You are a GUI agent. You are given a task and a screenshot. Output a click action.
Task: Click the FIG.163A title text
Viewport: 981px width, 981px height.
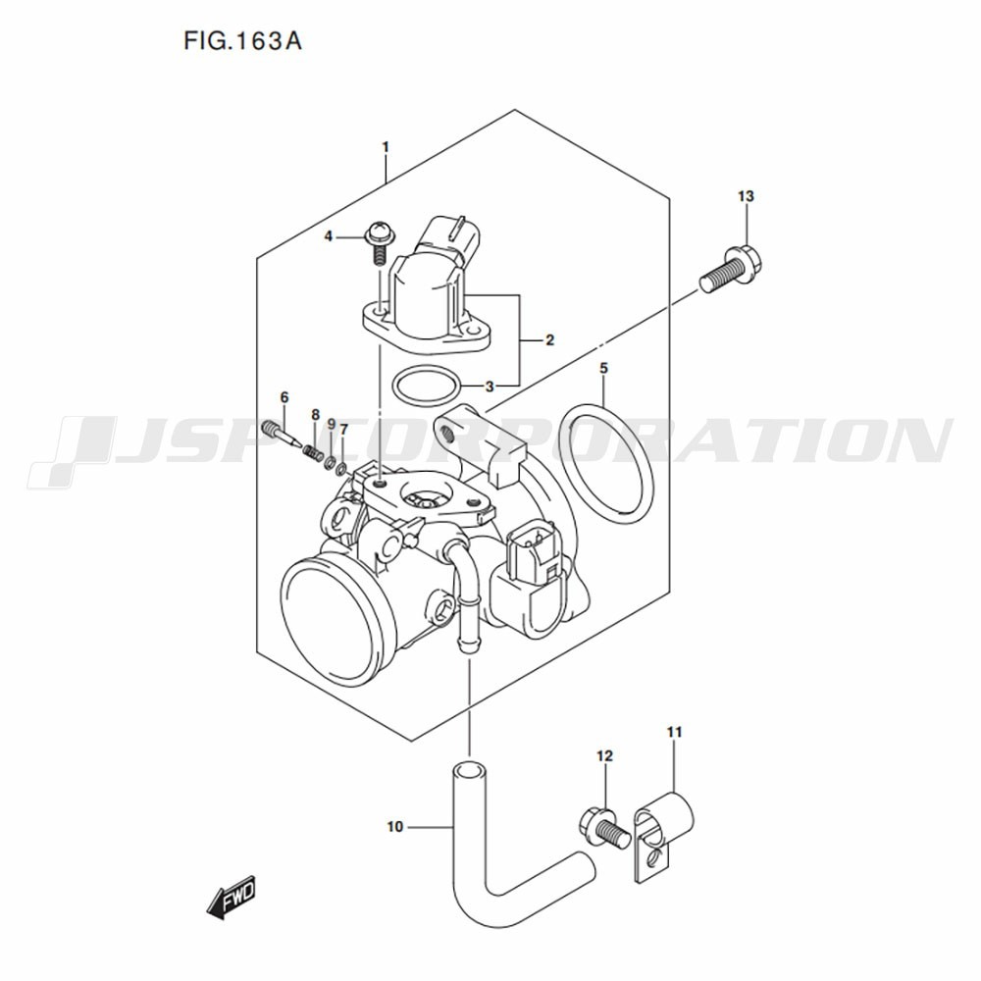[242, 41]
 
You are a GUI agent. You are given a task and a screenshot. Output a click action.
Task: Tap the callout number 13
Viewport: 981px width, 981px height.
[746, 196]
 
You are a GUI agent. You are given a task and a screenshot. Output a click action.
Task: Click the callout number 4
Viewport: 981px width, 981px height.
[329, 236]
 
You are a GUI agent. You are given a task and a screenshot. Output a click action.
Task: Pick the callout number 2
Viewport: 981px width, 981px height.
[550, 340]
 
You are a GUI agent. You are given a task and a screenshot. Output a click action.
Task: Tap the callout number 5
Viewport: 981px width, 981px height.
[603, 369]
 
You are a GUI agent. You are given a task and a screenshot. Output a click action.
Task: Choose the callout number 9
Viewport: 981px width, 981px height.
[331, 424]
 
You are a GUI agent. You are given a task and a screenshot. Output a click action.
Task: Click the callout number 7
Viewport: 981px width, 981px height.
[343, 430]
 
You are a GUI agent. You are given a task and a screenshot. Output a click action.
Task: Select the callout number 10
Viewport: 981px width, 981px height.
[394, 827]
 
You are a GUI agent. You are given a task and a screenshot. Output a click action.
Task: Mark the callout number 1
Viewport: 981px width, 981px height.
[386, 148]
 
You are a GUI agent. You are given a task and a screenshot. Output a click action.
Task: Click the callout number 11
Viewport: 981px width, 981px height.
[674, 732]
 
